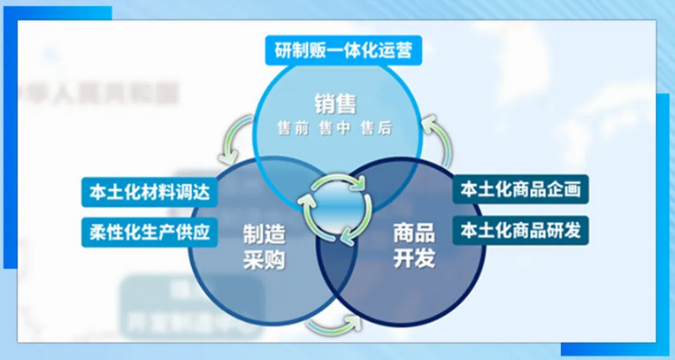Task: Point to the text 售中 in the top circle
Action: pyautogui.click(x=334, y=129)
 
